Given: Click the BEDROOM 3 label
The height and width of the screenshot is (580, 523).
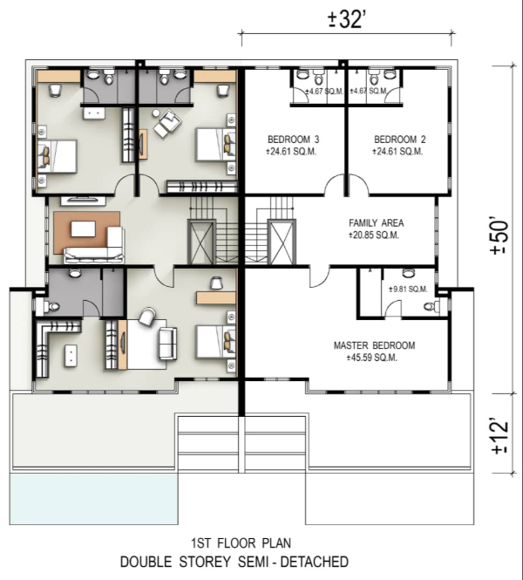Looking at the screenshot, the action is pos(293,140).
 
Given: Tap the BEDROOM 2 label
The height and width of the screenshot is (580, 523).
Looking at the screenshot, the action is pos(399,140).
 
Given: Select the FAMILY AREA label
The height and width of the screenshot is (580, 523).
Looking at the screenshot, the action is pos(376,223).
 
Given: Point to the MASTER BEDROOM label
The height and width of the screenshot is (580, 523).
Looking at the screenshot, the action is pos(374,345).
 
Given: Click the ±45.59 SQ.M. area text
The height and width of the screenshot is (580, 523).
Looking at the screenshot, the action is pos(372,358).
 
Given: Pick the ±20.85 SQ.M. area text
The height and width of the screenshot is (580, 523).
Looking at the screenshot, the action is pos(374,235).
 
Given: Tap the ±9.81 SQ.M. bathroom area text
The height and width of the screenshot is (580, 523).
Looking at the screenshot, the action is pos(408,290).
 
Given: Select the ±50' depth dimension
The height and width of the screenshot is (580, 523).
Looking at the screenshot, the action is pos(499,237).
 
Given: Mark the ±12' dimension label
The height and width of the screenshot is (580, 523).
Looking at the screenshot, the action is pos(499,436).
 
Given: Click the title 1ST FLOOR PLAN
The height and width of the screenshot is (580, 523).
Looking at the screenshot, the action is pos(241,543).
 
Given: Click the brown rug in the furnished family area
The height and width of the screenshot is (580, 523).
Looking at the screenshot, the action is pos(87,233).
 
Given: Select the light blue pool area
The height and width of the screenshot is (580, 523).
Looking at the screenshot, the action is pos(93,499).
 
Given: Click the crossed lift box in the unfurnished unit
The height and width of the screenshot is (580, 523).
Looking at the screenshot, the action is pos(282,242).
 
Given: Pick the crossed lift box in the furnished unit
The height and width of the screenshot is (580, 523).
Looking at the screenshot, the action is pos(202,242).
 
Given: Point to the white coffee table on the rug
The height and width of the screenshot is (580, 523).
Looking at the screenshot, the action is pos(83,229).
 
